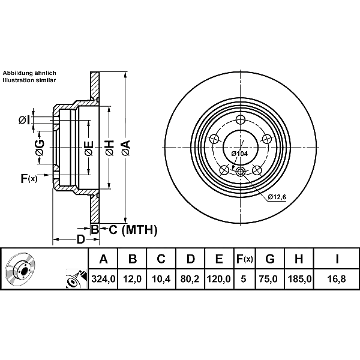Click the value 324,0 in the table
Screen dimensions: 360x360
pos(103,278)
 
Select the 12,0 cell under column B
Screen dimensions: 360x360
pos(133,278)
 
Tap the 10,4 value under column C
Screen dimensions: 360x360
pos(161,278)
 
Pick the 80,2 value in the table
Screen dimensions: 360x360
pos(190,278)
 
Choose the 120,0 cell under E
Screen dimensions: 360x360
pos(219,278)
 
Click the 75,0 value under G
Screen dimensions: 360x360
pos(270,278)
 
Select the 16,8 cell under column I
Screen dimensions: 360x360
pos(337,278)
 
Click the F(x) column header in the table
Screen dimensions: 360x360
pos(244,260)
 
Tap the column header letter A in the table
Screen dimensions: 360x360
pos(103,260)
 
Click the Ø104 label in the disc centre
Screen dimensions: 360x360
pos(240,154)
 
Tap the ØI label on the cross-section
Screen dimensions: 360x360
pos(24,120)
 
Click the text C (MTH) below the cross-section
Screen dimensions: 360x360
pos(133,230)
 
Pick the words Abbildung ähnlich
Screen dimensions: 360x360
pos(29,73)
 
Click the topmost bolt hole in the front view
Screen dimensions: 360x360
pos(240,119)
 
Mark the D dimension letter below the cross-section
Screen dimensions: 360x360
pos(80,239)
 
